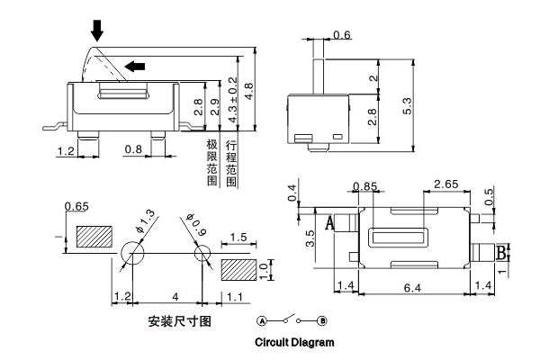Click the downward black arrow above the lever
pos(96,31)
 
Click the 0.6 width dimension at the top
pos(342,34)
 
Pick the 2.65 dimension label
pos(447,184)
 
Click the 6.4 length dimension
pos(412,286)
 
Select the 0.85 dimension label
pos(365,187)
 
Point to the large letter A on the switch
pos(329,221)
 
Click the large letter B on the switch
pos(502,251)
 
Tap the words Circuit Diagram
pos(294,343)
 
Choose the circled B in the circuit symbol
pos(322,321)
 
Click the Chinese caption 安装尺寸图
pos(178,321)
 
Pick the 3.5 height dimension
pos(310,238)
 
